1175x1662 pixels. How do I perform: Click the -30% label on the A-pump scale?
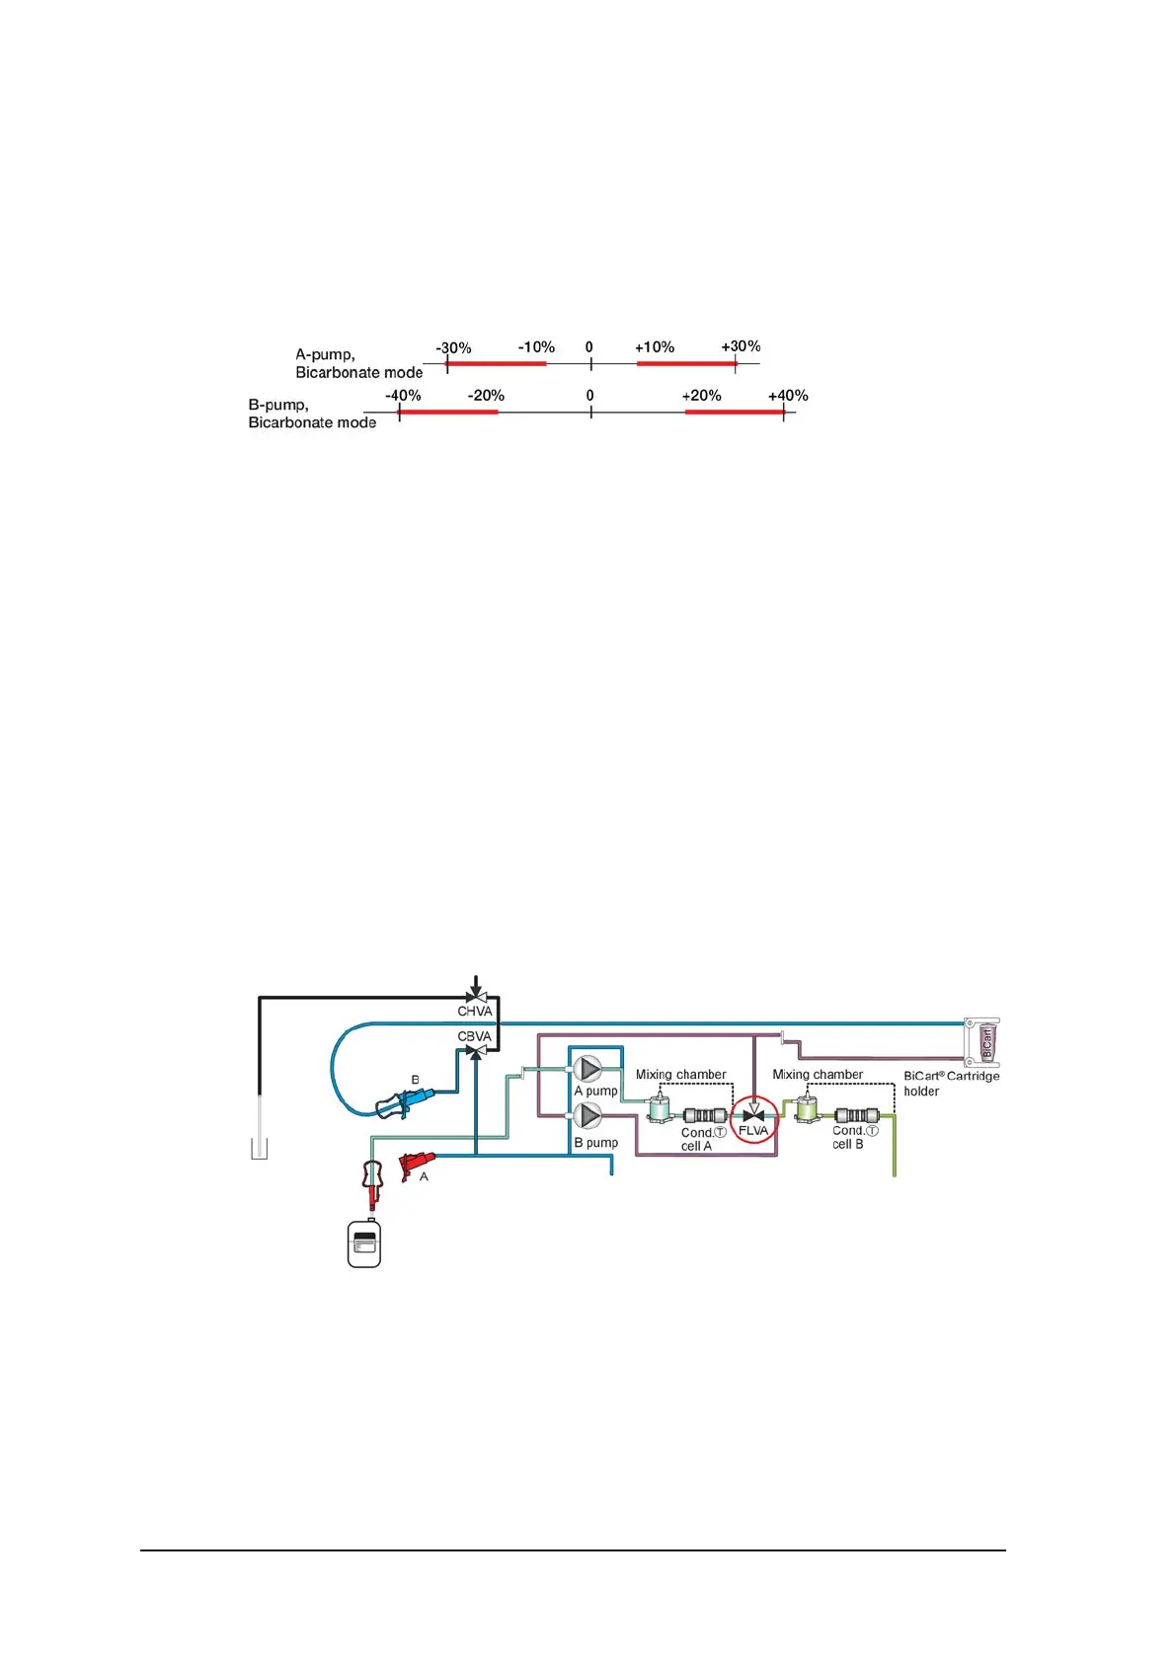[x=453, y=348]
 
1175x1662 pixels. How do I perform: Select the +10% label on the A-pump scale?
[x=655, y=347]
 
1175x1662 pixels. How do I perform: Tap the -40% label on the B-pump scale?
[x=403, y=396]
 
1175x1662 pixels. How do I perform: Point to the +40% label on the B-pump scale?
[x=788, y=396]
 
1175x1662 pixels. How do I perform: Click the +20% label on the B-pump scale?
[x=701, y=396]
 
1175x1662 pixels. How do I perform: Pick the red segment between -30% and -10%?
[x=497, y=363]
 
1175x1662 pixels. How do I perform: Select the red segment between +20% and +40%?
[x=735, y=412]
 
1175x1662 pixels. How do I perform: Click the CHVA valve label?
[x=474, y=1012]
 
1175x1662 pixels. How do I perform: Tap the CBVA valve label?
[x=474, y=1036]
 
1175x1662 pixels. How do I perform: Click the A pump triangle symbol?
[x=588, y=1069]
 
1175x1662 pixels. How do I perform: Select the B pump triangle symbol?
[x=588, y=1115]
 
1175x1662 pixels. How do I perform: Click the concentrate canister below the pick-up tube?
[x=364, y=1244]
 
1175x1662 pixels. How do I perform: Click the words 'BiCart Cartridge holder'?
[x=950, y=1083]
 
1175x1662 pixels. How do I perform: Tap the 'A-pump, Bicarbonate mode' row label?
[x=358, y=363]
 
